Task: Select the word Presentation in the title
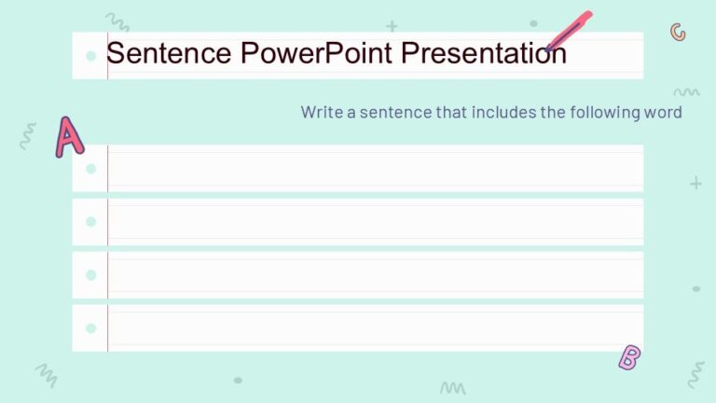click(x=484, y=53)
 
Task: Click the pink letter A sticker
click(x=68, y=136)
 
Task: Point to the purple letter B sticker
click(x=630, y=356)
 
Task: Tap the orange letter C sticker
click(x=678, y=33)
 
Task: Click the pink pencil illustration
click(x=570, y=30)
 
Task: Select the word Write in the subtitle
click(x=321, y=112)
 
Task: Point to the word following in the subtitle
click(x=602, y=112)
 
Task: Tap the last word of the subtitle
click(x=663, y=112)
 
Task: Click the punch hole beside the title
click(x=90, y=56)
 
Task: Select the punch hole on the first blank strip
click(x=90, y=169)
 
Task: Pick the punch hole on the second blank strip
click(x=90, y=222)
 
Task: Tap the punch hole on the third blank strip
click(x=90, y=275)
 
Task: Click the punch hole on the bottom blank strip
click(x=90, y=328)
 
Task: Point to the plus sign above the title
click(x=392, y=26)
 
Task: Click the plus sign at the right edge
click(x=695, y=184)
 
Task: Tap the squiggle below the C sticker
click(x=686, y=92)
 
